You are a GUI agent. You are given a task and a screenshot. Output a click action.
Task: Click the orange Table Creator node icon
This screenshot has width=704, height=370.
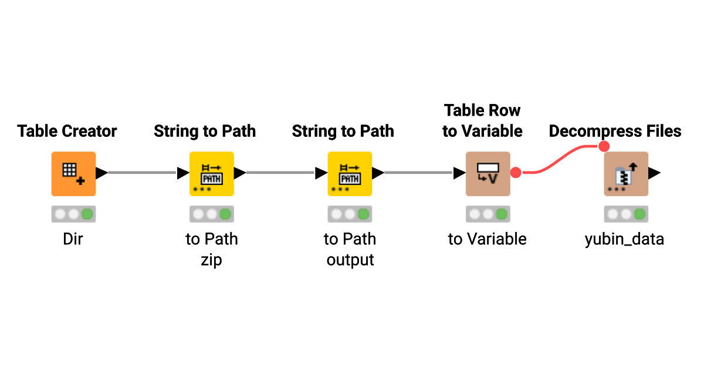coord(73,173)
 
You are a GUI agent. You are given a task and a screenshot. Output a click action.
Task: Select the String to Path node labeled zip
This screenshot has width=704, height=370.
coord(212,173)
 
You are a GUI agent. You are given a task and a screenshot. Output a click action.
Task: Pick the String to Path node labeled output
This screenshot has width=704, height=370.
coord(350,173)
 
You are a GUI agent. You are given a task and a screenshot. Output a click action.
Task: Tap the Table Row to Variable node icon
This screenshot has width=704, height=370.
coord(488,173)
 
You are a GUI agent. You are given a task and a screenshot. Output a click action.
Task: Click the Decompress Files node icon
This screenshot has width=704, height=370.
coord(626,173)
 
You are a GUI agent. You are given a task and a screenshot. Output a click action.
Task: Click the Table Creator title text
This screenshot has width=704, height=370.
coord(67,131)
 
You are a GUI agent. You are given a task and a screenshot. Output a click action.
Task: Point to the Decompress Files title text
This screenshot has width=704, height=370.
coord(615,131)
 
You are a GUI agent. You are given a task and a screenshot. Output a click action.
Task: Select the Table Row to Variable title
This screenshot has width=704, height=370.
coord(482,121)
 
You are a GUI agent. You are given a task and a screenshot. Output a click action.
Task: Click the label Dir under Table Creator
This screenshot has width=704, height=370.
coord(73,239)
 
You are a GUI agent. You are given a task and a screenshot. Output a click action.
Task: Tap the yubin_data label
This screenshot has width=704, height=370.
coord(624,239)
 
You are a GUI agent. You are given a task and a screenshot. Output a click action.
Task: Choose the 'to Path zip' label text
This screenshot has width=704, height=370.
coord(212,249)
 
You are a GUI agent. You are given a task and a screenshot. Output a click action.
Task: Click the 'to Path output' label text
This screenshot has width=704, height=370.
coord(350,249)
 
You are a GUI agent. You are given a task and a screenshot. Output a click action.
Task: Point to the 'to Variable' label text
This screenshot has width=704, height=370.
coord(487,239)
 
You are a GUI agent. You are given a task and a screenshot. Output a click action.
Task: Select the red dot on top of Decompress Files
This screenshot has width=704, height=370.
coord(605,146)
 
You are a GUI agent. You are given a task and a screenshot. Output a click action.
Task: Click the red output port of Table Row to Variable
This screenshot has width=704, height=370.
coord(516,173)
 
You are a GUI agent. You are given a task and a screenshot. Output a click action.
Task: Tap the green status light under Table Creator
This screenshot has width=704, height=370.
coord(87,214)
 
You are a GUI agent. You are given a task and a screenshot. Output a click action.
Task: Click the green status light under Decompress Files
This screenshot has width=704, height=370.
coord(640,214)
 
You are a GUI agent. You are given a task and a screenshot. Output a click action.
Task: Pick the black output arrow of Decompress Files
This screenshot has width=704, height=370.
coord(655,173)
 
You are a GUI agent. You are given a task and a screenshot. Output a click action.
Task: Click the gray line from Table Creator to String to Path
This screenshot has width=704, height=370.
coord(142,173)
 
